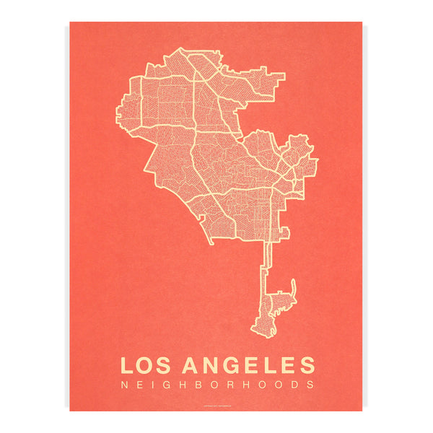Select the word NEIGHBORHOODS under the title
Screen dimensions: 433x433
(x=216, y=385)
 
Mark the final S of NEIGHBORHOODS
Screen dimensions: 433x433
(x=310, y=385)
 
